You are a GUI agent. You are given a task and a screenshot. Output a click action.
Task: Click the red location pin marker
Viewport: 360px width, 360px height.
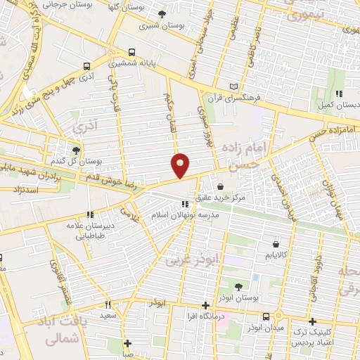(x=181, y=165)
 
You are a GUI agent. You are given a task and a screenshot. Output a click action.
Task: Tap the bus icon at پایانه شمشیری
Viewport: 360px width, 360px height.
(x=133, y=53)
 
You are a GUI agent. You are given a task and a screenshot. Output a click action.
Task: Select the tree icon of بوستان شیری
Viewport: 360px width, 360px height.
(x=162, y=14)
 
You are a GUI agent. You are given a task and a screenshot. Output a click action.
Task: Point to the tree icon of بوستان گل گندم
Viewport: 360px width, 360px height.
(x=77, y=150)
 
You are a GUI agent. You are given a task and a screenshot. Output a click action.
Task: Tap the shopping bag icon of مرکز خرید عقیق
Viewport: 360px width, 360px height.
(x=222, y=187)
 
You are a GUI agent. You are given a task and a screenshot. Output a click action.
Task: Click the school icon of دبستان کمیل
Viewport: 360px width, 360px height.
(x=338, y=93)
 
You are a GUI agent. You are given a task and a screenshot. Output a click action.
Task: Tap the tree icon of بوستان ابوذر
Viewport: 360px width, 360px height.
(x=238, y=286)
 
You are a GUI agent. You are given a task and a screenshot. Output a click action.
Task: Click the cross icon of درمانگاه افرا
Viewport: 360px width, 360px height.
(x=205, y=305)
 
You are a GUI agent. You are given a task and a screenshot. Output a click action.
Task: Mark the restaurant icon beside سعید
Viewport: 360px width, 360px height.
(x=108, y=305)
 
